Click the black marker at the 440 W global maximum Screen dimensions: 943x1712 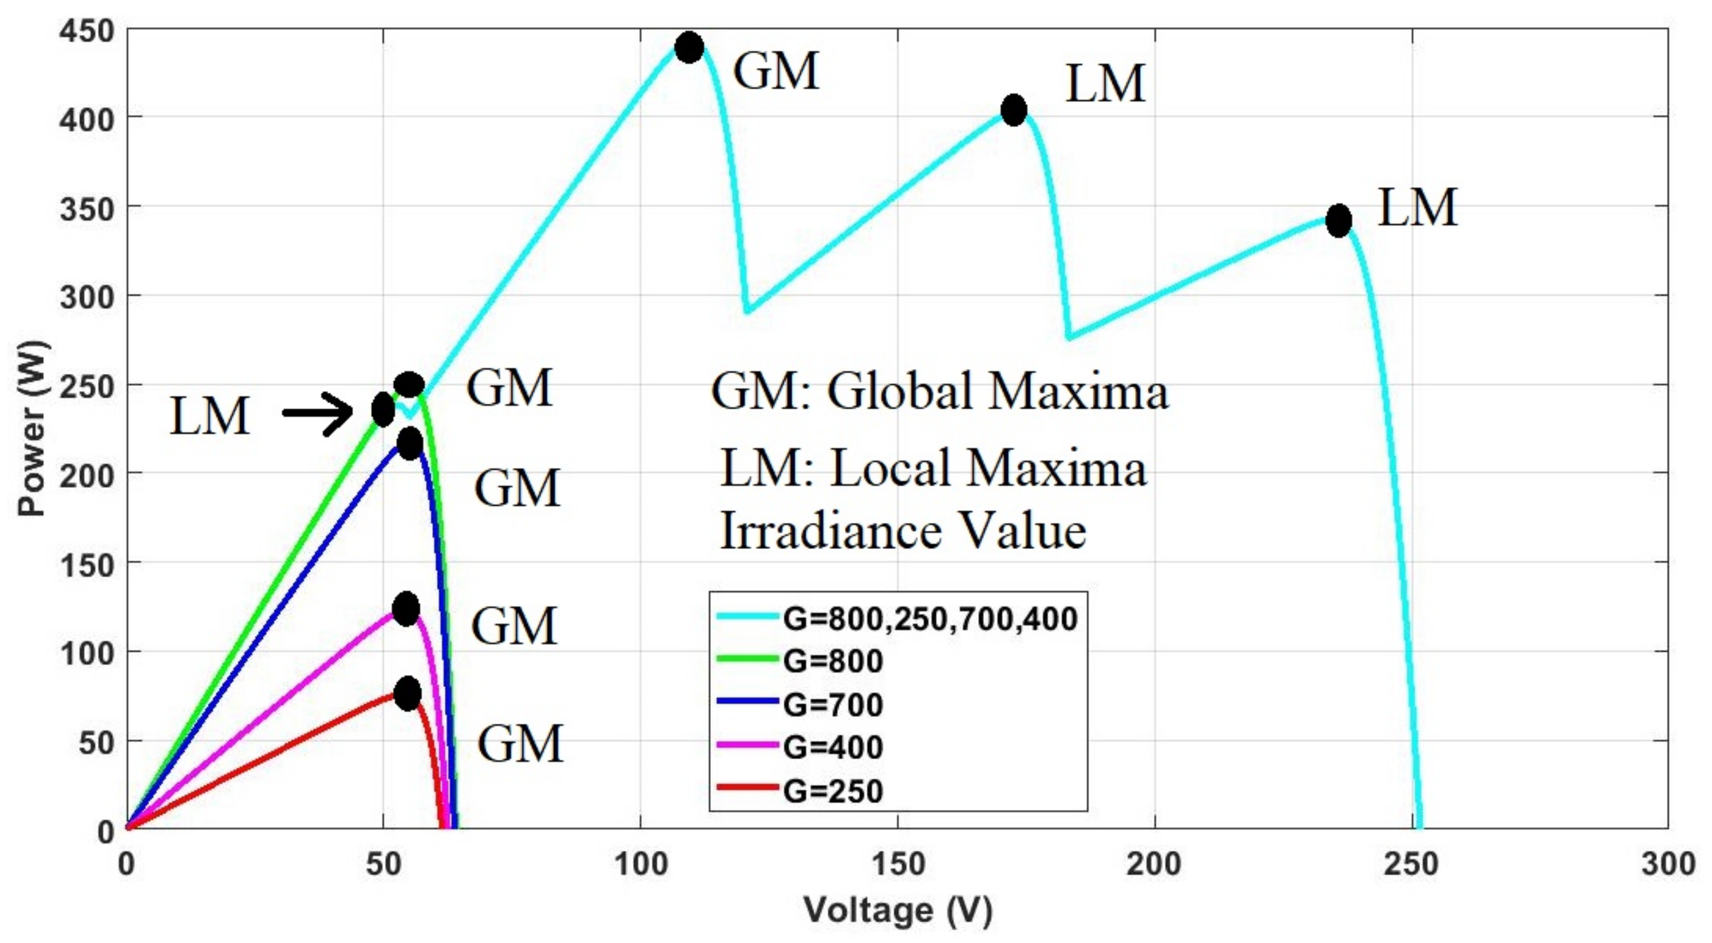tap(689, 47)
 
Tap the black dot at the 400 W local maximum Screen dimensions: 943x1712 tap(1014, 110)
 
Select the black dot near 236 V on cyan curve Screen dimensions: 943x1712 tap(1338, 220)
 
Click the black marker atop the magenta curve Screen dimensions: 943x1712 tap(406, 609)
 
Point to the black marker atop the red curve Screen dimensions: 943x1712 tap(408, 693)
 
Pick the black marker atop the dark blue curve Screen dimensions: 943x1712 tap(409, 443)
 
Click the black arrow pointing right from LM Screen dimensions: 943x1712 tap(318, 413)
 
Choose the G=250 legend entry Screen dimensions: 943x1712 tap(832, 791)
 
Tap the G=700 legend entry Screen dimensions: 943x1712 tap(832, 704)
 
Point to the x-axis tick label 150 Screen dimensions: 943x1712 tap(898, 864)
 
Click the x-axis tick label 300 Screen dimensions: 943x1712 tap(1667, 864)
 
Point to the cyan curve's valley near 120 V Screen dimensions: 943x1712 tap(748, 310)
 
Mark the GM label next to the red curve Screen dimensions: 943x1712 tap(520, 744)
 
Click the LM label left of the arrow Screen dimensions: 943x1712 tap(209, 416)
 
